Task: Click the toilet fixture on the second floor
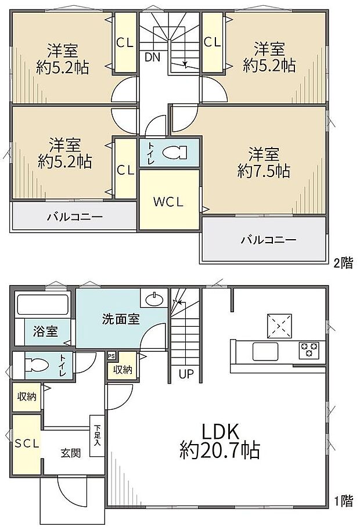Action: click(174, 152)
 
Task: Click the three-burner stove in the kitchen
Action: click(309, 349)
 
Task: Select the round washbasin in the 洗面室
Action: click(154, 300)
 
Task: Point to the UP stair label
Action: click(186, 374)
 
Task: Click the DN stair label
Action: click(153, 57)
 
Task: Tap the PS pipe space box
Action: click(111, 356)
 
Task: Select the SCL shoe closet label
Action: click(27, 443)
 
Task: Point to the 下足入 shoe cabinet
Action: click(96, 434)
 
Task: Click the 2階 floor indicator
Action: click(343, 262)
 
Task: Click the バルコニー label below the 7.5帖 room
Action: click(268, 239)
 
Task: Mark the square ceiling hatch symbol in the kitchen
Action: click(278, 326)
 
